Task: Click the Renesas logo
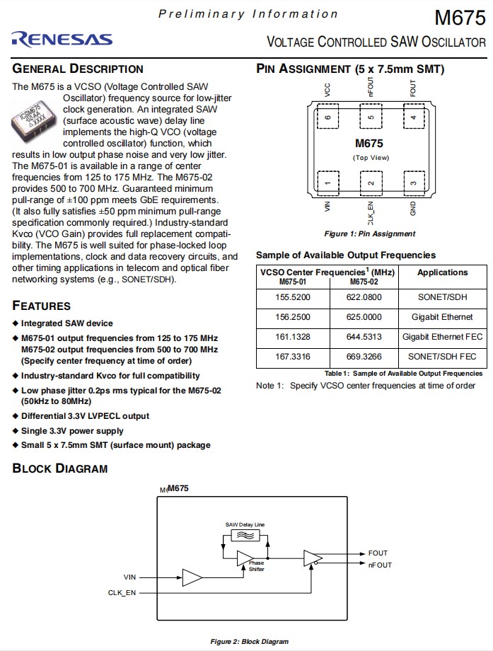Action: click(62, 39)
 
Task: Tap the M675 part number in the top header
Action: click(460, 17)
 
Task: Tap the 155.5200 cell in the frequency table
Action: click(293, 298)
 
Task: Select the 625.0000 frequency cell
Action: click(364, 317)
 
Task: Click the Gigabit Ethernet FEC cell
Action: click(443, 337)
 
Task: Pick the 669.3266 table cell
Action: click(364, 357)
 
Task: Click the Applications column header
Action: click(443, 272)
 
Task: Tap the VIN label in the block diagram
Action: click(129, 577)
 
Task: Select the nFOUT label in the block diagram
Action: click(380, 565)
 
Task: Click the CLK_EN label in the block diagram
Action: click(122, 592)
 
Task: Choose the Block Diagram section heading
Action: click(60, 468)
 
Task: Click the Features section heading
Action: click(42, 306)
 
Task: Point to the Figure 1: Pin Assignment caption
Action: click(370, 234)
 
